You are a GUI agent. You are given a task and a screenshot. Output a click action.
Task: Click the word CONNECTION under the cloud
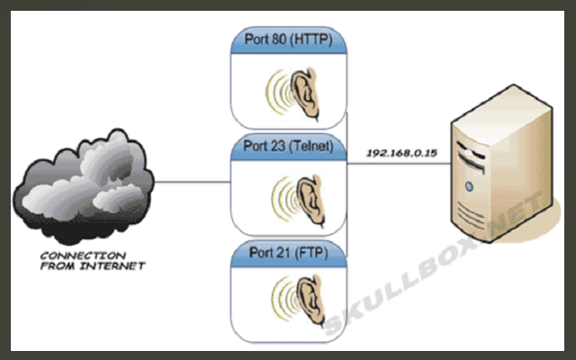pos(77,256)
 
